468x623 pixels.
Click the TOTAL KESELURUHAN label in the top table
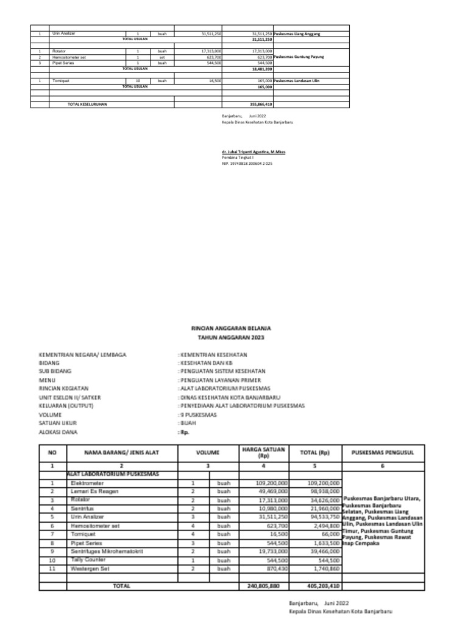[87, 105]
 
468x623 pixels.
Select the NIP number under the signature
[247, 164]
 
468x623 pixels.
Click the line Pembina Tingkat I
[238, 158]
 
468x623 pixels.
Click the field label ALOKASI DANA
[58, 431]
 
